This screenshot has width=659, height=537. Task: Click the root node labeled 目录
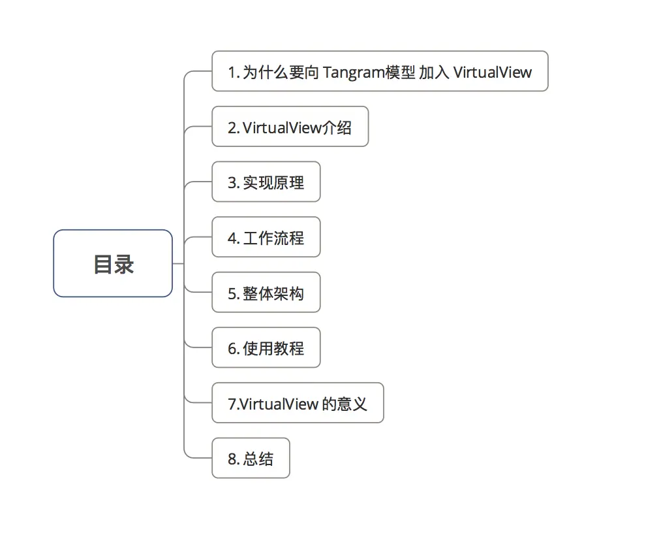[x=113, y=263]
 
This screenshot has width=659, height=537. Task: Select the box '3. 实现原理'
[x=266, y=182]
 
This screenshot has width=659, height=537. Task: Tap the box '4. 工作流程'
[x=266, y=238]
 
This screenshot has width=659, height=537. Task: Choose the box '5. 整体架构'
[x=266, y=293]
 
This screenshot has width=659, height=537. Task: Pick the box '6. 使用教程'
[x=266, y=348]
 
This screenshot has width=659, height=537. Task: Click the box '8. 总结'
[x=251, y=459]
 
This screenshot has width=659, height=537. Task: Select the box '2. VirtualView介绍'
[x=290, y=127]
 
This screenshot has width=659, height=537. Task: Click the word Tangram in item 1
[x=353, y=72]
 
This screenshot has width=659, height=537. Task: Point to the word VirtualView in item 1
[x=493, y=72]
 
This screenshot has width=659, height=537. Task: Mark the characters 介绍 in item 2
[x=337, y=127]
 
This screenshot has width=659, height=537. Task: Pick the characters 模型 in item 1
[x=400, y=72]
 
